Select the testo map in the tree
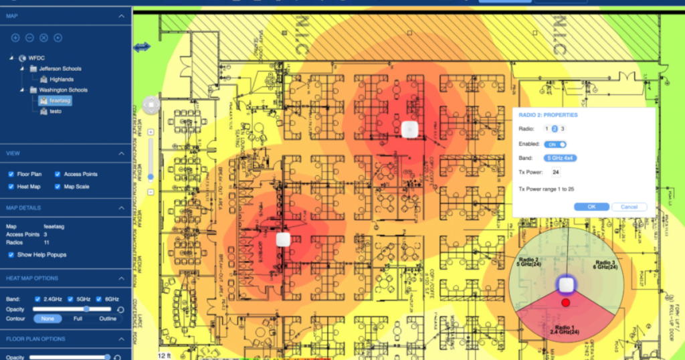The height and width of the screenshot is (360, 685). pyautogui.click(x=55, y=111)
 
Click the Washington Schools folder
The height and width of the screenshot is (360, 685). pyautogui.click(x=63, y=90)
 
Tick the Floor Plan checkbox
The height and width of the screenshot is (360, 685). pyautogui.click(x=11, y=174)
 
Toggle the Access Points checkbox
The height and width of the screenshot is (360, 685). pyautogui.click(x=58, y=174)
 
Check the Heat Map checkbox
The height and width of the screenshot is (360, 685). pyautogui.click(x=11, y=187)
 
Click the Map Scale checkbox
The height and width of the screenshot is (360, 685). pyautogui.click(x=58, y=187)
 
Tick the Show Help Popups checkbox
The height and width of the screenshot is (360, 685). pyautogui.click(x=11, y=255)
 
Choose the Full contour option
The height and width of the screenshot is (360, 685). pyautogui.click(x=78, y=319)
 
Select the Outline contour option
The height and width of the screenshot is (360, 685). pyautogui.click(x=108, y=319)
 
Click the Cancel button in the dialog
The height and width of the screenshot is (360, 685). pyautogui.click(x=629, y=207)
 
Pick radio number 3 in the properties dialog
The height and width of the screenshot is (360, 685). pyautogui.click(x=563, y=128)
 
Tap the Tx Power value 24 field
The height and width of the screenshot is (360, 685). pyautogui.click(x=555, y=173)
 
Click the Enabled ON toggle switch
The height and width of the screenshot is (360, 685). pyautogui.click(x=555, y=144)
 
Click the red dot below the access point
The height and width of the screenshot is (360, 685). pyautogui.click(x=566, y=303)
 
